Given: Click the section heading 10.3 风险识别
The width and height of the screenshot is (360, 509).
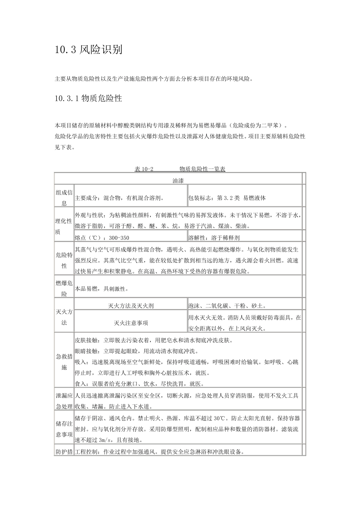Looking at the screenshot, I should [89, 50].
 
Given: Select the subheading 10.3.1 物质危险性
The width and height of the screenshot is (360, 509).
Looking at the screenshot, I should [88, 98].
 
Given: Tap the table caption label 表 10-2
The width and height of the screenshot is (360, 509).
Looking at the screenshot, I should [144, 169].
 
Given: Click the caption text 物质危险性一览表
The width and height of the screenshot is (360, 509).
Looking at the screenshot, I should [202, 169].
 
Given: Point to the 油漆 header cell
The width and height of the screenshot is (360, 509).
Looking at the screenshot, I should [178, 181].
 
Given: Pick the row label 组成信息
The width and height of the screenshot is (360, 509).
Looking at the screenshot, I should [64, 198].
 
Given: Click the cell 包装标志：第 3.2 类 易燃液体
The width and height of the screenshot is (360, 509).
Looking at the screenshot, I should [227, 198].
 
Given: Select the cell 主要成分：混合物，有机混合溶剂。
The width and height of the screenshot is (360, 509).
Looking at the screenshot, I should [119, 198].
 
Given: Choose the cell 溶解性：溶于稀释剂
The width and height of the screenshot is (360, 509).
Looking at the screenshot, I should [214, 238].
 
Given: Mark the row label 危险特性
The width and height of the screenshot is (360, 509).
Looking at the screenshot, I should [64, 260].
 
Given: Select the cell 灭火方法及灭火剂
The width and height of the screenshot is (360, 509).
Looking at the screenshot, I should [131, 306].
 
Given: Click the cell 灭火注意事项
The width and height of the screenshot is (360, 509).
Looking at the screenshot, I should [131, 323].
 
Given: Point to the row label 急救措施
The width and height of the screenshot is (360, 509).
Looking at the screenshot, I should [64, 361].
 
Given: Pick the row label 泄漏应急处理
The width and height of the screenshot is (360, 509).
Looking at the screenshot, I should [64, 401].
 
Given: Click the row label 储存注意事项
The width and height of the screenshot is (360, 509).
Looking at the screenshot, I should [64, 429].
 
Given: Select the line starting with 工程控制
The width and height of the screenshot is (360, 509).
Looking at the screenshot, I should [159, 452].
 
